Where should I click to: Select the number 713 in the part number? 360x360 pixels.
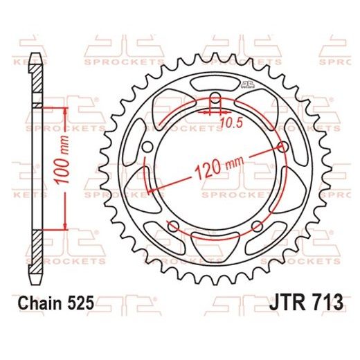317,303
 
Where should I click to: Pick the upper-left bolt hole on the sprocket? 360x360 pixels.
147,147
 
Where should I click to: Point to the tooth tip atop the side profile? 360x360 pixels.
35,57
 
